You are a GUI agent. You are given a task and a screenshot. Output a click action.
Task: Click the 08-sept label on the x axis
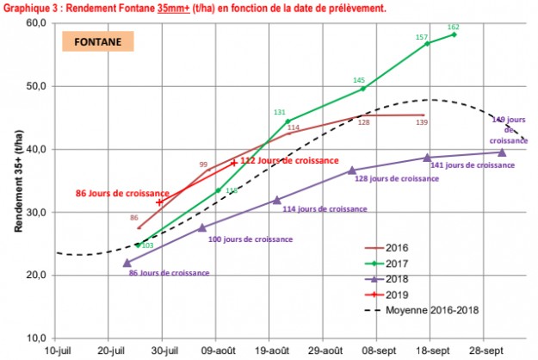[378, 351]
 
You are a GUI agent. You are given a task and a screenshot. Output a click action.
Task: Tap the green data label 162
[454, 27]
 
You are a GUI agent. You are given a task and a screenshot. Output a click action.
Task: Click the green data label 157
[422, 37]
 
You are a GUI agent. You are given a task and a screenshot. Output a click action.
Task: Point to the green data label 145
[359, 80]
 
